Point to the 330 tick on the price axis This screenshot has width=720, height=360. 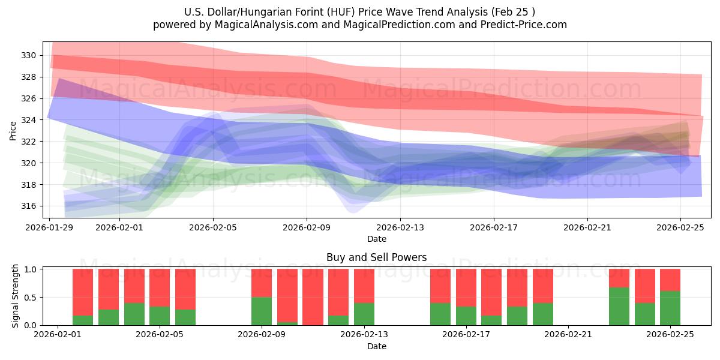[29, 55]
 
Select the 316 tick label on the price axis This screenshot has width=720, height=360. [29, 206]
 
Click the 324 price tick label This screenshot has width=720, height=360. [29, 120]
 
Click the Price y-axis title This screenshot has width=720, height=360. [13, 130]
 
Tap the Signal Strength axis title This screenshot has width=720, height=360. [16, 296]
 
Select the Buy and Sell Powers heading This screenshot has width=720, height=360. [376, 257]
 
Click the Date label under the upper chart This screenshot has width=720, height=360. [376, 239]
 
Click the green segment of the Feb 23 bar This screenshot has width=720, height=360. [619, 307]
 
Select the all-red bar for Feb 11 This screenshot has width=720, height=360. [313, 297]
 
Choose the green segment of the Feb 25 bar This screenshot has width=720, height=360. [670, 308]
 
